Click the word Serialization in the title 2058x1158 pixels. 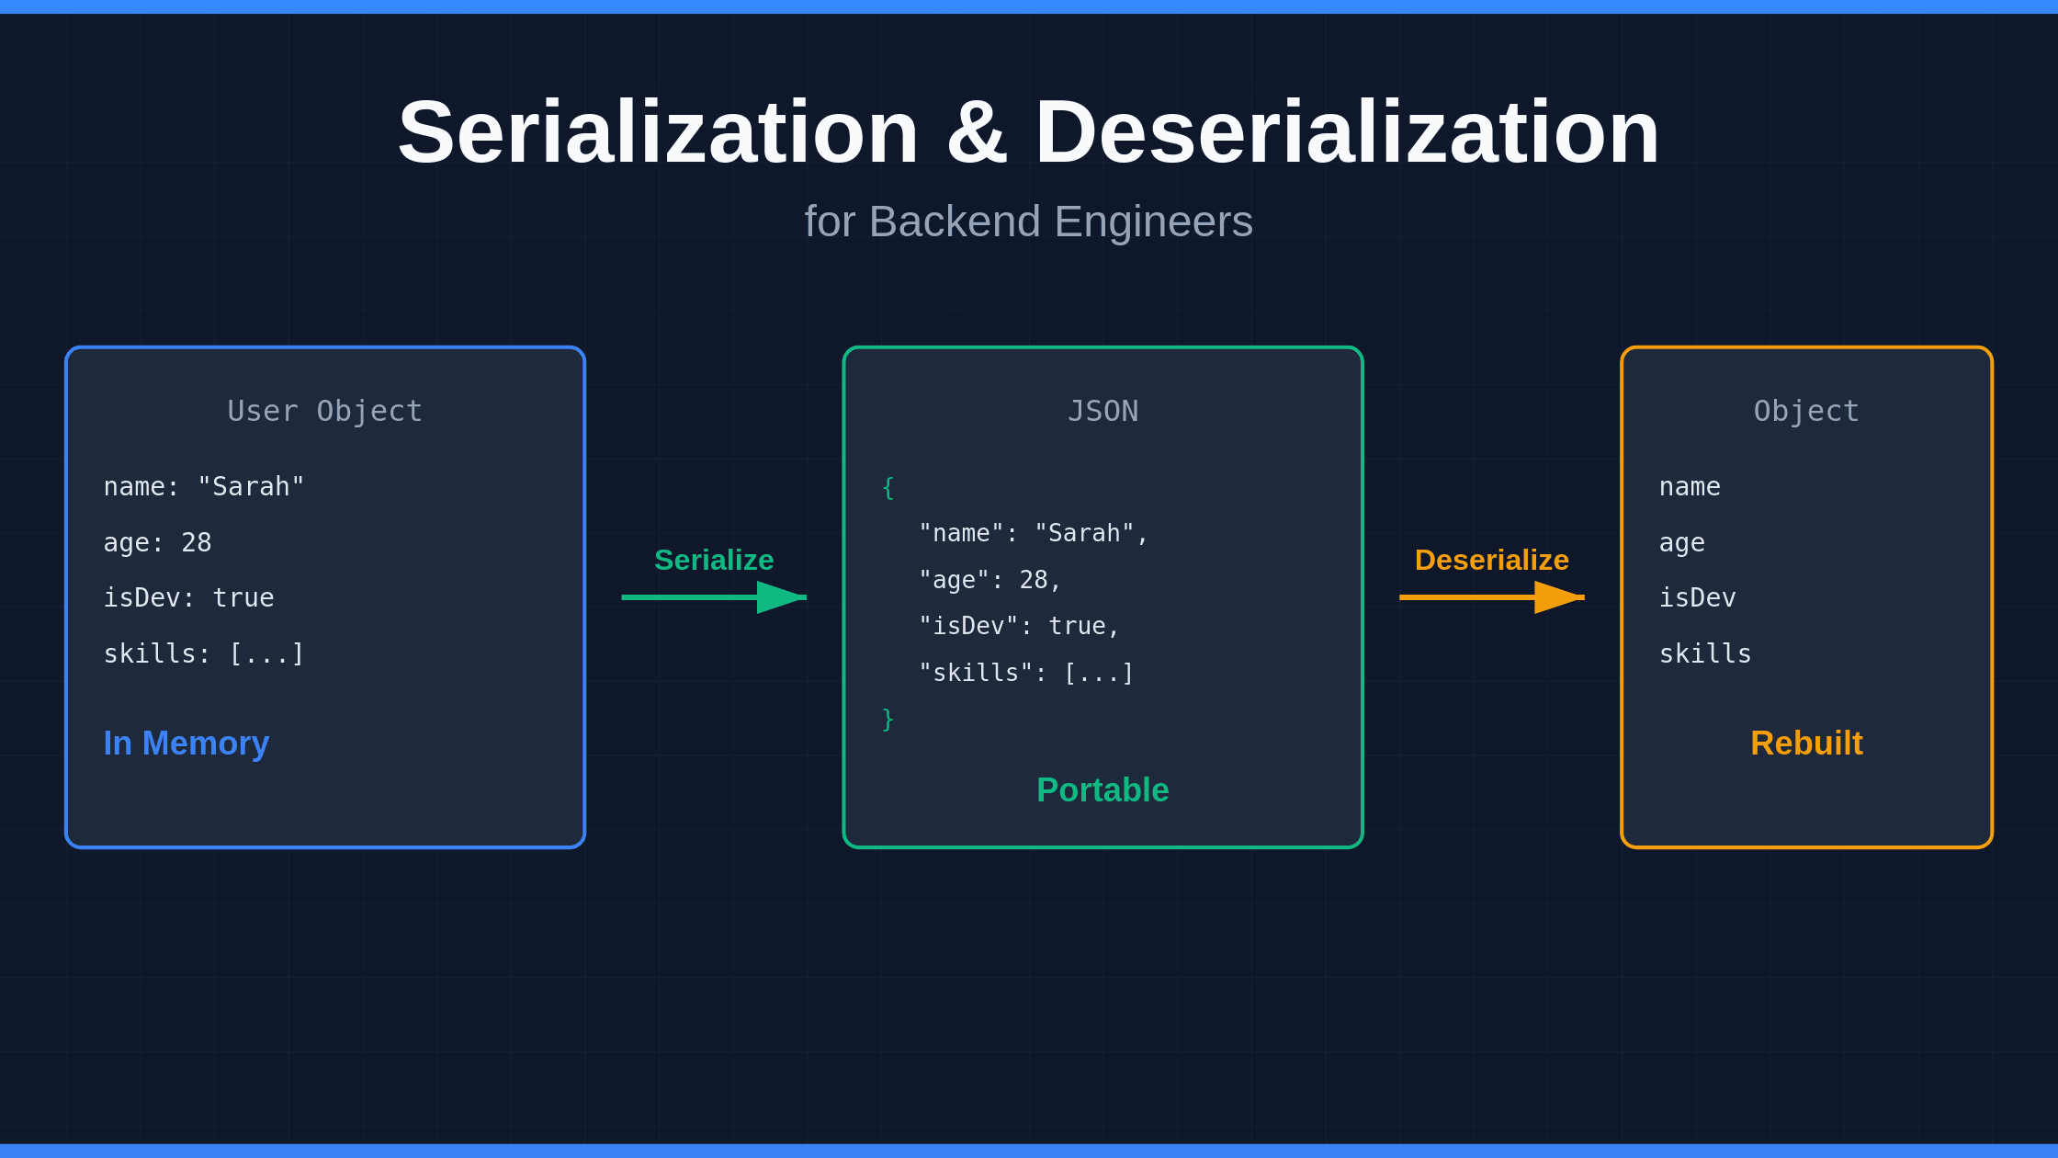(658, 133)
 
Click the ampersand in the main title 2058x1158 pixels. (977, 133)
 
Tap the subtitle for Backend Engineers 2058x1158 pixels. (1028, 221)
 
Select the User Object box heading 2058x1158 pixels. (325, 411)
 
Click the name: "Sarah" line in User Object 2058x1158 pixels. (203, 486)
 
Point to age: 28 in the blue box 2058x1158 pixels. (157, 542)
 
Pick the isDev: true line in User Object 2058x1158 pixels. (188, 597)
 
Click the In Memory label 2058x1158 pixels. (186, 743)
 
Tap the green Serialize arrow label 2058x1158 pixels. (714, 560)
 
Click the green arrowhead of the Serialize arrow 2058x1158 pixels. (781, 597)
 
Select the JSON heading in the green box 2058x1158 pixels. (1102, 411)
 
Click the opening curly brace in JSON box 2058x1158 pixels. (888, 487)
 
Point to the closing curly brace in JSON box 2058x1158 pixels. (888, 719)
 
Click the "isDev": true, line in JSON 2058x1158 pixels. (1019, 626)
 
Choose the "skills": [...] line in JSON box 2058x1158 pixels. (1026, 673)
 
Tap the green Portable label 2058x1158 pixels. (1102, 789)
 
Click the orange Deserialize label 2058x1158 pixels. (1491, 560)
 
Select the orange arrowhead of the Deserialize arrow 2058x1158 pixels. (1558, 597)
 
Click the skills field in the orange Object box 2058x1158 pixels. (1704, 653)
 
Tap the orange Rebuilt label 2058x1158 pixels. (1806, 743)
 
